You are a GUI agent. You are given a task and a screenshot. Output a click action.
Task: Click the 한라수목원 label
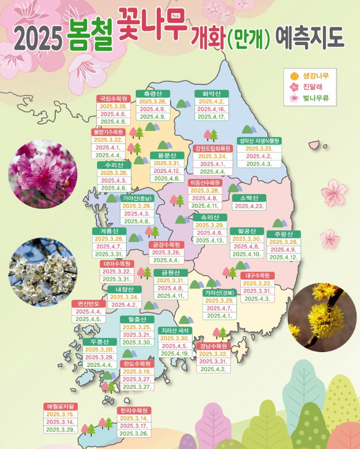(x=134, y=410)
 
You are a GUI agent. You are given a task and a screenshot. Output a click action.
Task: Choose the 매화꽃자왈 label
(x=61, y=406)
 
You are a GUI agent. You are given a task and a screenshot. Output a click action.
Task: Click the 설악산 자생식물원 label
(x=259, y=140)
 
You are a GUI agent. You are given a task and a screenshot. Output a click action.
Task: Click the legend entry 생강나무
(x=316, y=75)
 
